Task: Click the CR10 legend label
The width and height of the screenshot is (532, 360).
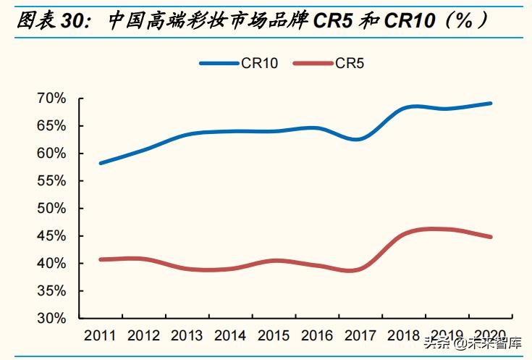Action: point(260,64)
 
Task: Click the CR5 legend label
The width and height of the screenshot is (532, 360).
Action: point(350,64)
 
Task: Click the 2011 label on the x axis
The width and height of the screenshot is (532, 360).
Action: point(101,336)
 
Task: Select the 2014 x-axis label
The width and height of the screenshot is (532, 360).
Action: point(231,336)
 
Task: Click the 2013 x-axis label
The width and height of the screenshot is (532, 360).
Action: point(187,336)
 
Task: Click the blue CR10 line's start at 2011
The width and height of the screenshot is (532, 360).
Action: point(101,163)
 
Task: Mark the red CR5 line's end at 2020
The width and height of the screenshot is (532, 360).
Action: point(491,237)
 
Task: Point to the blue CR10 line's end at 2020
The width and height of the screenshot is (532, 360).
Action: point(491,104)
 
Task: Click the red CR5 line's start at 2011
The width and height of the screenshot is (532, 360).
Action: point(101,259)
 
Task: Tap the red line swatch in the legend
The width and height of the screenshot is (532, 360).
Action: point(313,64)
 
